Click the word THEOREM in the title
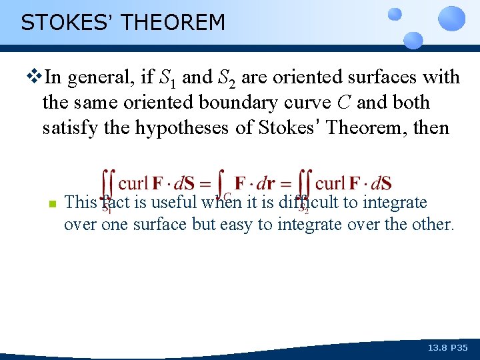click(x=174, y=23)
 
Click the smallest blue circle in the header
click(x=395, y=13)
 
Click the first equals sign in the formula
click(x=206, y=183)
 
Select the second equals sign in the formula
click(x=286, y=183)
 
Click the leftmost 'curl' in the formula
click(x=133, y=183)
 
